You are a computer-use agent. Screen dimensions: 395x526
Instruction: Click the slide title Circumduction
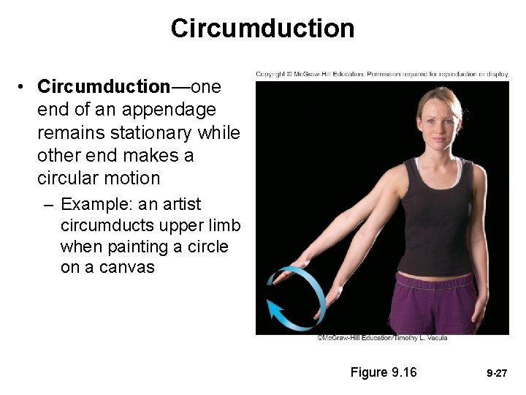click(262, 29)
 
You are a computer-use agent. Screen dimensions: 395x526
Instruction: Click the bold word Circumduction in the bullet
click(103, 87)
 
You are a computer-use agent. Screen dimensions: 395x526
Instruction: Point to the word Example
click(95, 204)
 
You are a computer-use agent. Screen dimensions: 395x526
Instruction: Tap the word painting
click(129, 247)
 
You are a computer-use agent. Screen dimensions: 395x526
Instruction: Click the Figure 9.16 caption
click(384, 372)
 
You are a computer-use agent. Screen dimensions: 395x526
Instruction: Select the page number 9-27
click(497, 373)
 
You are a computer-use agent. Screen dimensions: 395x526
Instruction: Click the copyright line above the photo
click(382, 75)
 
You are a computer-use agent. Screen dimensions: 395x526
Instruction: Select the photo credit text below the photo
click(382, 338)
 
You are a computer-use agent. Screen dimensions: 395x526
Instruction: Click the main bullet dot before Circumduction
click(24, 88)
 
